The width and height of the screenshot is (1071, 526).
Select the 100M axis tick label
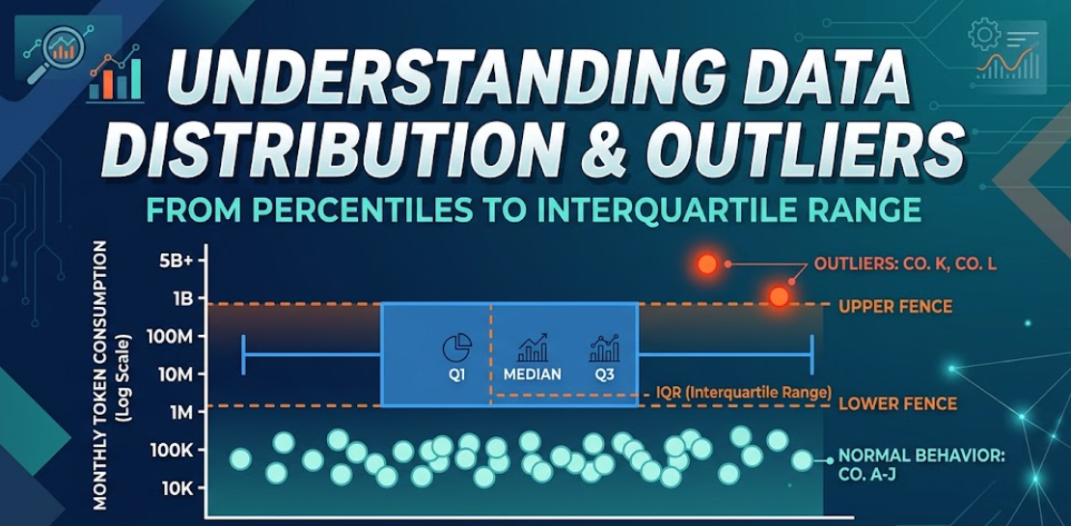173,337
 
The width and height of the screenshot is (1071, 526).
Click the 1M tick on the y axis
182,412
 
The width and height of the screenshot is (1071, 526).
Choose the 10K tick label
177,487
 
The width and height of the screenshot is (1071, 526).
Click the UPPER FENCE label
895,307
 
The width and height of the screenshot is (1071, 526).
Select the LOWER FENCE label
897,403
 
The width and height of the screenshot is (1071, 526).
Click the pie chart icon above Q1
457,347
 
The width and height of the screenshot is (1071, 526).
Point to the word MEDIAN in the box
532,374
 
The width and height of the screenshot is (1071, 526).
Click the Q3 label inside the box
604,374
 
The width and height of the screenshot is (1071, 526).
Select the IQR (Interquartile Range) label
743,393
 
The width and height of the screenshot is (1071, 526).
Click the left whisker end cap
244,354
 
